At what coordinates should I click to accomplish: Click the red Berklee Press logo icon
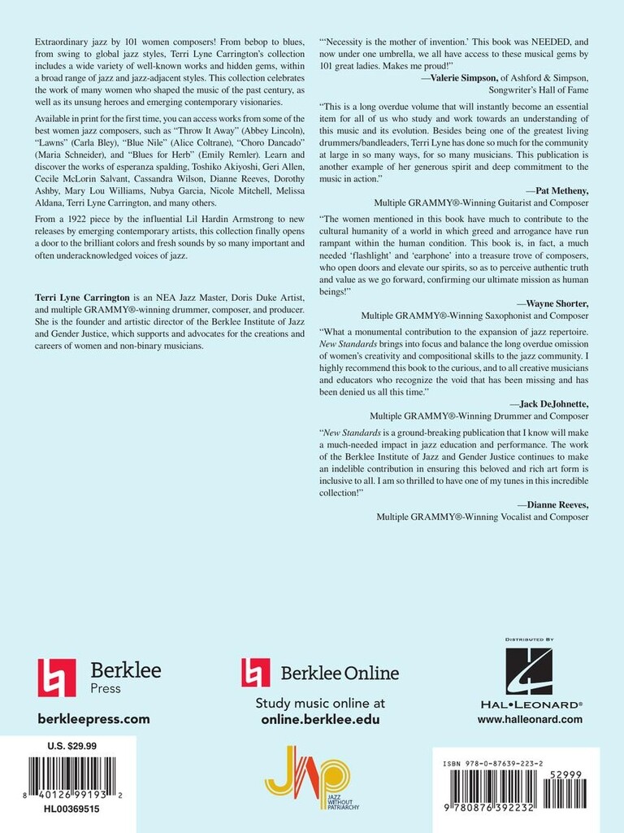click(57, 678)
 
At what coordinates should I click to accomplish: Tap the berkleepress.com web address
click(94, 718)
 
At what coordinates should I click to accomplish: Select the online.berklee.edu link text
click(320, 719)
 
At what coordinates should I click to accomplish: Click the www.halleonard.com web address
click(529, 719)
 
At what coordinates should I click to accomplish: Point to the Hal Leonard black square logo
click(529, 671)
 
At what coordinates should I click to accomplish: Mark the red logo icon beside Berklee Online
click(256, 672)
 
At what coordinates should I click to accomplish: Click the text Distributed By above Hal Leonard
click(529, 640)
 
